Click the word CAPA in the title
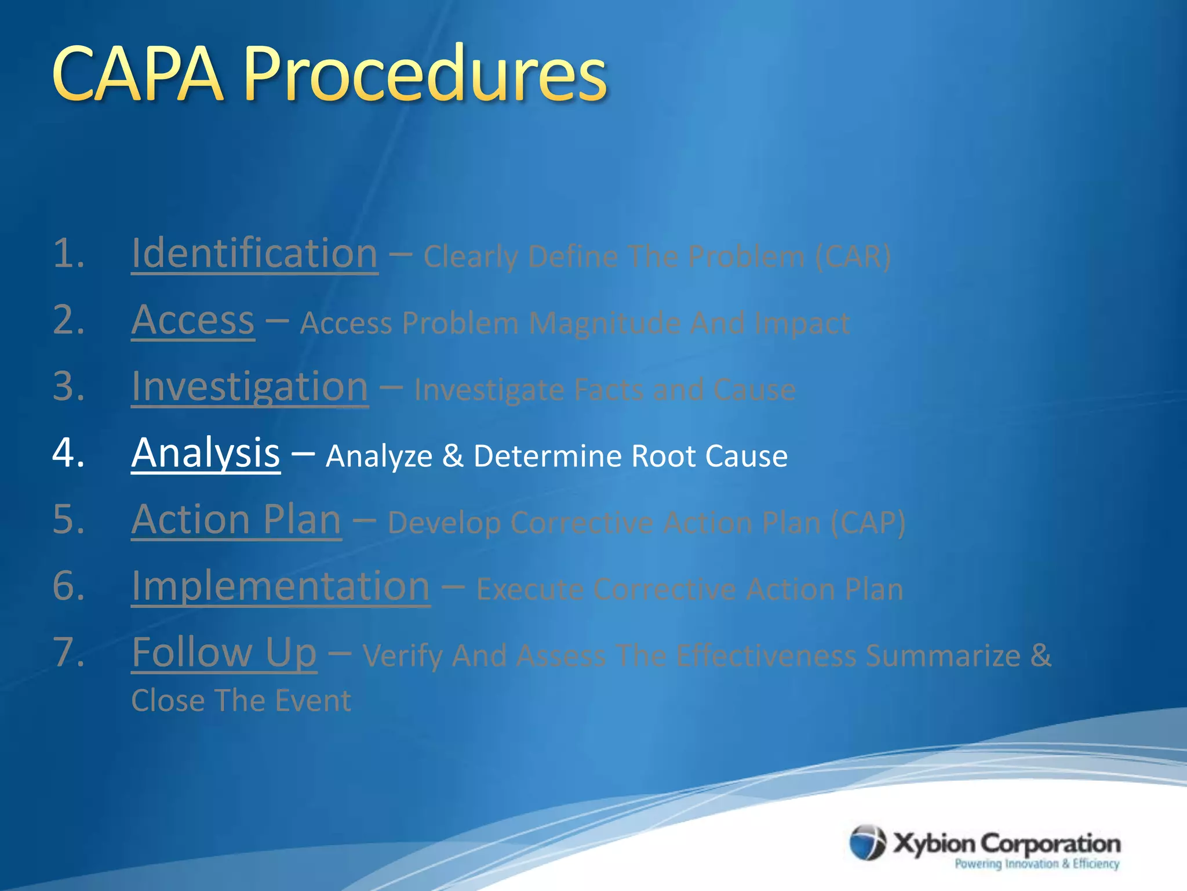click(x=137, y=74)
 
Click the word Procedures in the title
click(x=425, y=74)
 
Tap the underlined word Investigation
click(x=250, y=387)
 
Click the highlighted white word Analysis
click(x=206, y=453)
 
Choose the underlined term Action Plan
click(x=236, y=520)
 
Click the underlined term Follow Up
click(x=224, y=653)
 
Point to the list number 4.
click(x=68, y=453)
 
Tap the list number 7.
click(x=68, y=653)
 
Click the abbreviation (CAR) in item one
click(x=853, y=256)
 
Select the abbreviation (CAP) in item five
click(x=868, y=523)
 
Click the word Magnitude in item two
click(x=605, y=323)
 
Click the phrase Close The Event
click(x=241, y=701)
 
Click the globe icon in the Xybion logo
click(x=867, y=843)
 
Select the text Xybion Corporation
click(x=1007, y=843)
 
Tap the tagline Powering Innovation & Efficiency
click(x=1037, y=864)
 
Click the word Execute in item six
click(x=530, y=589)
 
